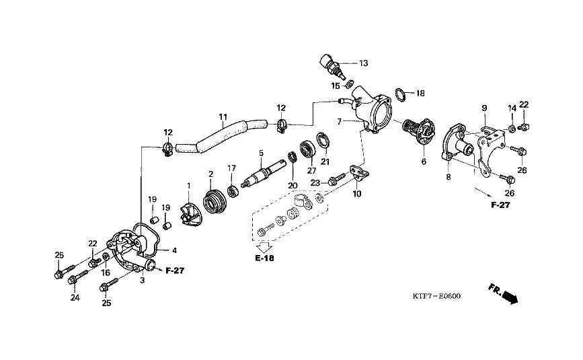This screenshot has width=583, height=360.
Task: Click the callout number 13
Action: pyautogui.click(x=363, y=63)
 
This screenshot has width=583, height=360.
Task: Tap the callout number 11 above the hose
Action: pyautogui.click(x=223, y=116)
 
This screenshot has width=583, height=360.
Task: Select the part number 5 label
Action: pyautogui.click(x=261, y=155)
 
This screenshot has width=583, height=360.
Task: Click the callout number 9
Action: pyautogui.click(x=483, y=108)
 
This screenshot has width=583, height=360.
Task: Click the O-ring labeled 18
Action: pyautogui.click(x=399, y=95)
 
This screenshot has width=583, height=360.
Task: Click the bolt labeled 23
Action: pyautogui.click(x=338, y=181)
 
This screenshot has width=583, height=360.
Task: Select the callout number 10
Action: pyautogui.click(x=356, y=194)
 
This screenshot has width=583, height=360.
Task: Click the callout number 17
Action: pyautogui.click(x=231, y=168)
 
